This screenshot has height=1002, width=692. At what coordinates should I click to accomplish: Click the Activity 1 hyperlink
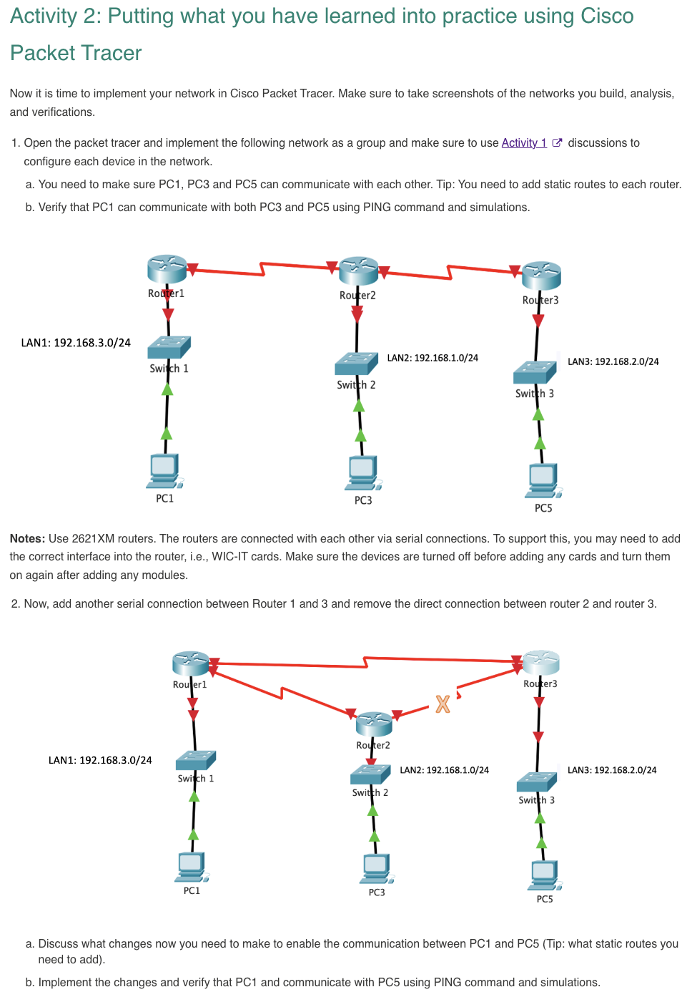[523, 143]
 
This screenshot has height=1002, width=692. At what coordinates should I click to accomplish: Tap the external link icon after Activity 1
[558, 143]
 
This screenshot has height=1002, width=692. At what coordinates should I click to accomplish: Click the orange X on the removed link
[443, 704]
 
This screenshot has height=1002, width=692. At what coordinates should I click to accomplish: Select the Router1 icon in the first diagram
[167, 269]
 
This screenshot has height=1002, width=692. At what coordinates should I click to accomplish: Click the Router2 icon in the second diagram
[374, 724]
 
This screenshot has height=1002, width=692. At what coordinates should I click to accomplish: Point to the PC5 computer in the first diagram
[543, 480]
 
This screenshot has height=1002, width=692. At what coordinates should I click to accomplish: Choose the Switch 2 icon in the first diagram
[356, 364]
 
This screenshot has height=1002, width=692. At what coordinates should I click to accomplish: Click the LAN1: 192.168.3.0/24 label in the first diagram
[76, 343]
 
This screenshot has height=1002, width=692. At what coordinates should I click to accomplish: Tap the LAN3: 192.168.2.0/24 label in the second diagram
[612, 770]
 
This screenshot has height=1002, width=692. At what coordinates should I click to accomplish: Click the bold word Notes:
[27, 539]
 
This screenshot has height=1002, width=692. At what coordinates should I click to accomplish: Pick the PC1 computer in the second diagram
[192, 867]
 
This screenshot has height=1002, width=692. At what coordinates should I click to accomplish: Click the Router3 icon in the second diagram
[540, 663]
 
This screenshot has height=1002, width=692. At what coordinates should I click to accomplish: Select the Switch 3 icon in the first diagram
[535, 372]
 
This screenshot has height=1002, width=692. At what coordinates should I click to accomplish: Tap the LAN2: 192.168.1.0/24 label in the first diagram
[432, 358]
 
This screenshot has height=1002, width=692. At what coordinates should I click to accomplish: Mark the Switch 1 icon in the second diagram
[195, 760]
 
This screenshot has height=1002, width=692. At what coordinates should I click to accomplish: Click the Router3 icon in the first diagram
[541, 276]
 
